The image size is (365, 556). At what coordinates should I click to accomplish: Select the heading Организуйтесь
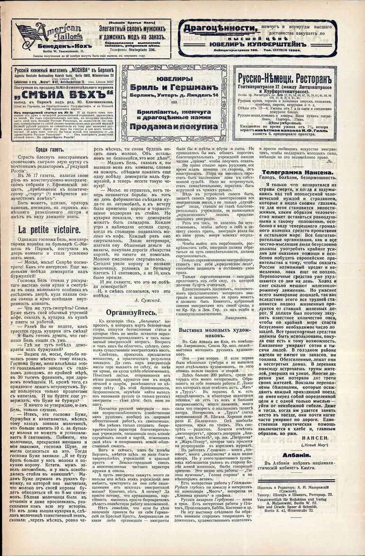click(130, 312)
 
